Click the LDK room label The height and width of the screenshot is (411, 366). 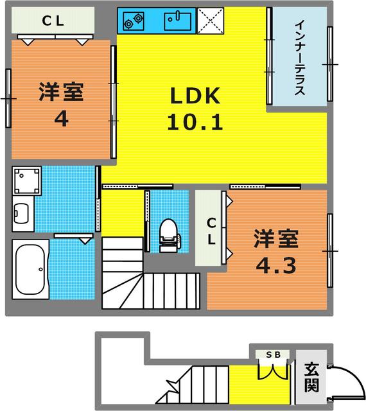coord(195,97)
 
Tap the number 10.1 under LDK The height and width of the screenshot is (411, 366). coord(195,121)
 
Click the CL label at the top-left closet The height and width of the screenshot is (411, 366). coord(53,21)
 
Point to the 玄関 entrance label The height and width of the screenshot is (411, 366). coord(311,377)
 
